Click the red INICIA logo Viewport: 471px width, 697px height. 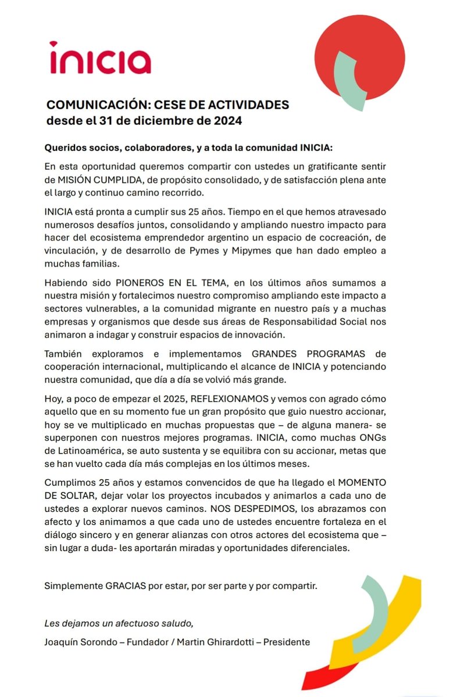[x=100, y=58]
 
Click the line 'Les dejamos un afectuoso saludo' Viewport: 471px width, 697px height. [x=119, y=624]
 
